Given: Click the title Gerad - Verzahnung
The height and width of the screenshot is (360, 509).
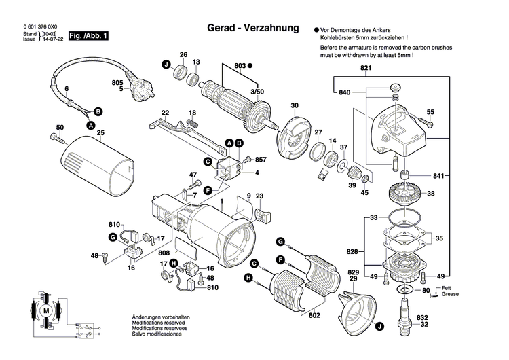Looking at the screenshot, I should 252,29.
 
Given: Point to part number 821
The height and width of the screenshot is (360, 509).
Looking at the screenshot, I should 366,70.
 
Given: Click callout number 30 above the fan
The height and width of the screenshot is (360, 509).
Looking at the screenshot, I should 295,105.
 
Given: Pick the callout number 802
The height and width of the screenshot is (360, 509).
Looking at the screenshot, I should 314,315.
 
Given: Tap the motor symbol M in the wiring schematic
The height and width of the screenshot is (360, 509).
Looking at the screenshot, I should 47,310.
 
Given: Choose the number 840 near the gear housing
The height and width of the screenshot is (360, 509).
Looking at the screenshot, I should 344,92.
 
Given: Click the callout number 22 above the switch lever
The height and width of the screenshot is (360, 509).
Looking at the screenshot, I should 165,112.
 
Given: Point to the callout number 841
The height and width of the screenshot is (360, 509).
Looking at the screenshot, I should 440,176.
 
